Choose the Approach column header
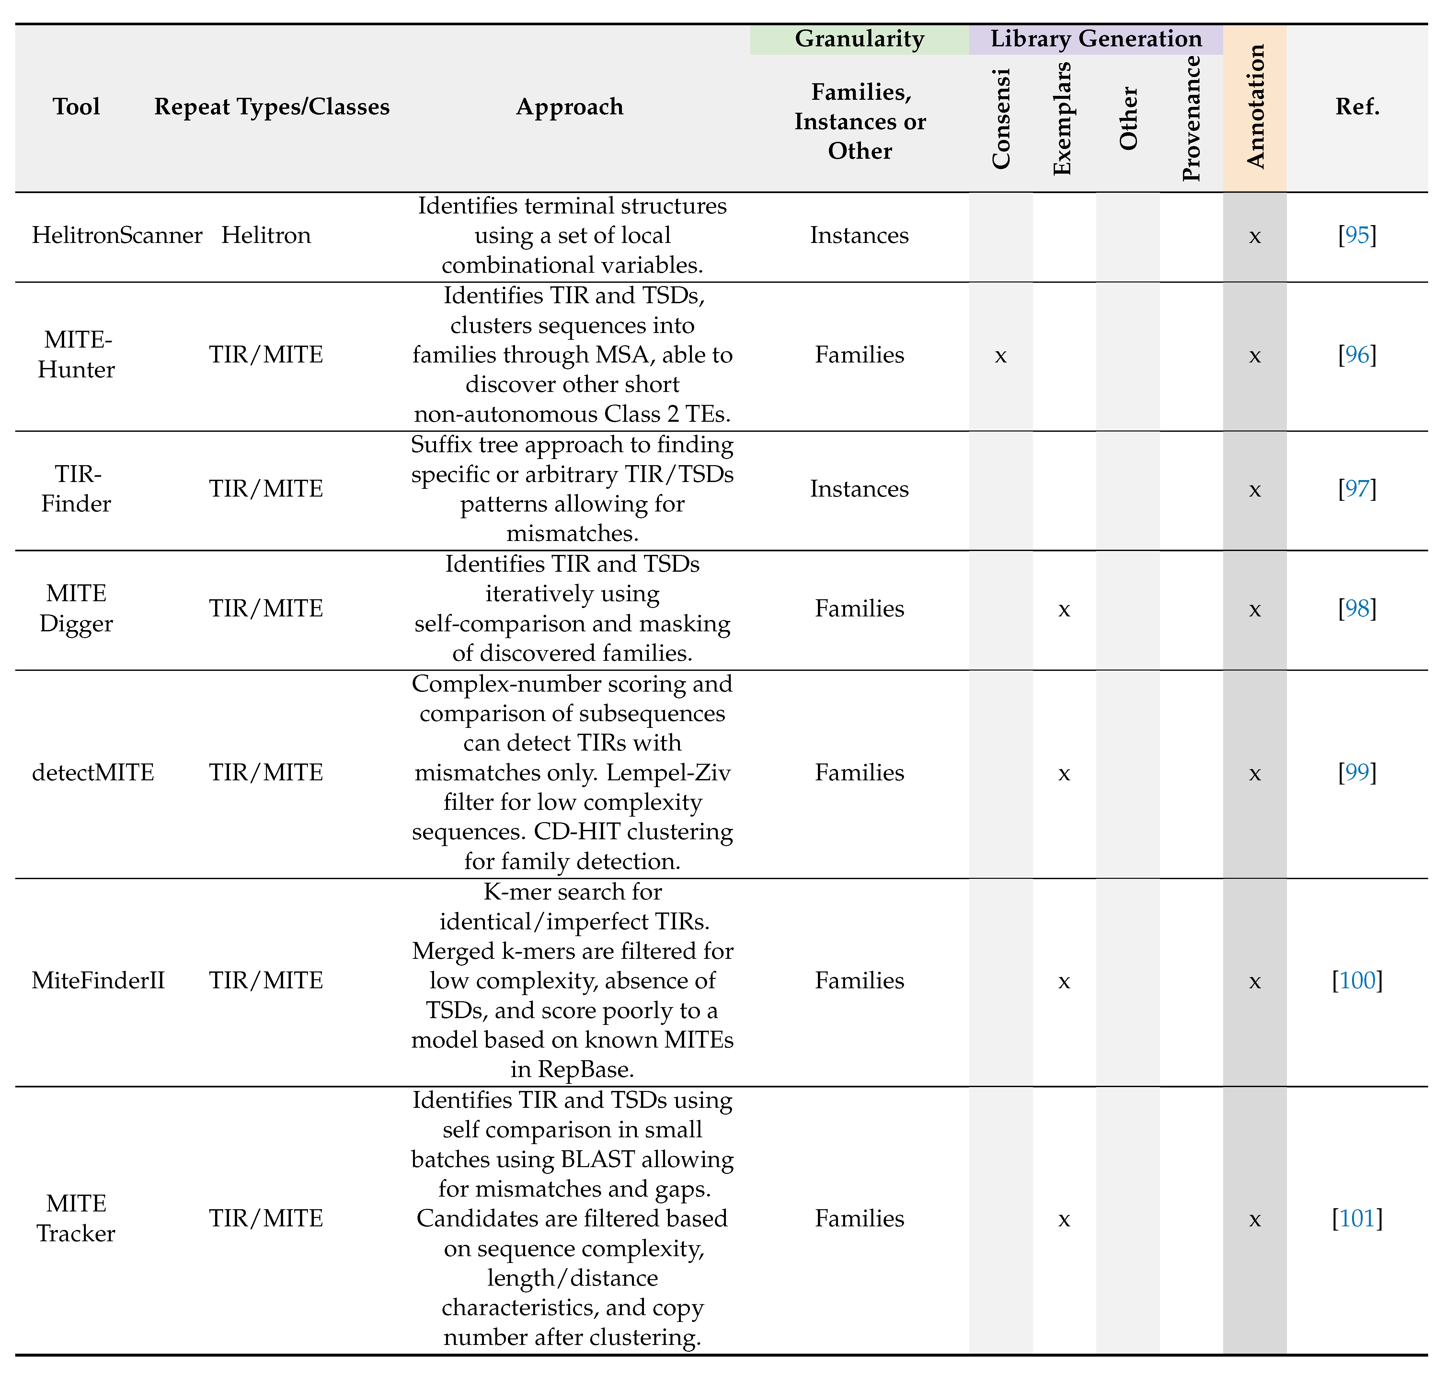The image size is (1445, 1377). pyautogui.click(x=569, y=107)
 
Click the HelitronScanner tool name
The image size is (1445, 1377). pyautogui.click(x=117, y=235)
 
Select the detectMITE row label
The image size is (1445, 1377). pyautogui.click(x=93, y=773)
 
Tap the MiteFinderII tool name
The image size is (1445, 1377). pyautogui.click(x=98, y=981)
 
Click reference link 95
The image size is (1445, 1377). pyautogui.click(x=1357, y=235)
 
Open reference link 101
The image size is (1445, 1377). pyautogui.click(x=1357, y=1219)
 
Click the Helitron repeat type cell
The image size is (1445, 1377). pyautogui.click(x=266, y=235)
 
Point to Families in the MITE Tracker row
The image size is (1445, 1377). pyautogui.click(x=859, y=1219)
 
